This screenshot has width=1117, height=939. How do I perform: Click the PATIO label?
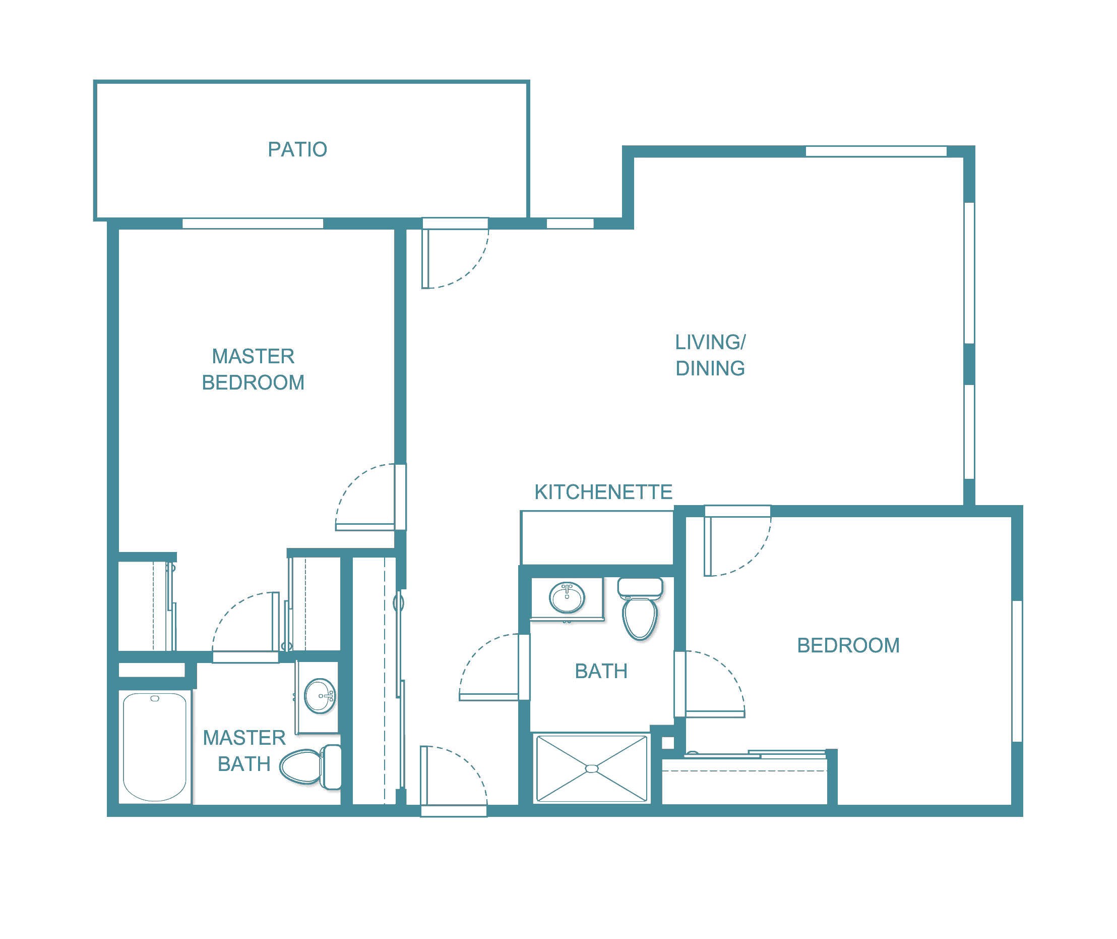click(297, 149)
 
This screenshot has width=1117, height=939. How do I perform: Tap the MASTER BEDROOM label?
click(253, 369)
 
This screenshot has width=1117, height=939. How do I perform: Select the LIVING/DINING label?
click(710, 355)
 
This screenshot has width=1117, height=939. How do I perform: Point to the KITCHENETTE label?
click(603, 492)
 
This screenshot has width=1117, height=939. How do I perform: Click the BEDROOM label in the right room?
click(848, 645)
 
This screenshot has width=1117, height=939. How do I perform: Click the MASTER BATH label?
click(244, 751)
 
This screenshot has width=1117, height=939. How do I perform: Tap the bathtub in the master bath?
click(155, 747)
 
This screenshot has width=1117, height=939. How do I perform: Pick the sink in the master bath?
click(320, 696)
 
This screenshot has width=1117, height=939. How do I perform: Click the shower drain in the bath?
click(592, 768)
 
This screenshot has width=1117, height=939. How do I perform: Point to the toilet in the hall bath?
click(641, 609)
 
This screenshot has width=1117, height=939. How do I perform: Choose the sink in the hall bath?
click(567, 598)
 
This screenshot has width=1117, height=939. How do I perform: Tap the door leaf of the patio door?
click(425, 259)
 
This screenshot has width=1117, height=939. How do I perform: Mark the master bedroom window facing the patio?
click(253, 224)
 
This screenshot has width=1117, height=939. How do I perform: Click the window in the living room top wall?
click(876, 151)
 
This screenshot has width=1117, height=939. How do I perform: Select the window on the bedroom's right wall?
click(1017, 671)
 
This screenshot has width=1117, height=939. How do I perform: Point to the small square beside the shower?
click(668, 743)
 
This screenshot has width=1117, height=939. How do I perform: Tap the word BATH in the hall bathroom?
click(601, 671)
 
